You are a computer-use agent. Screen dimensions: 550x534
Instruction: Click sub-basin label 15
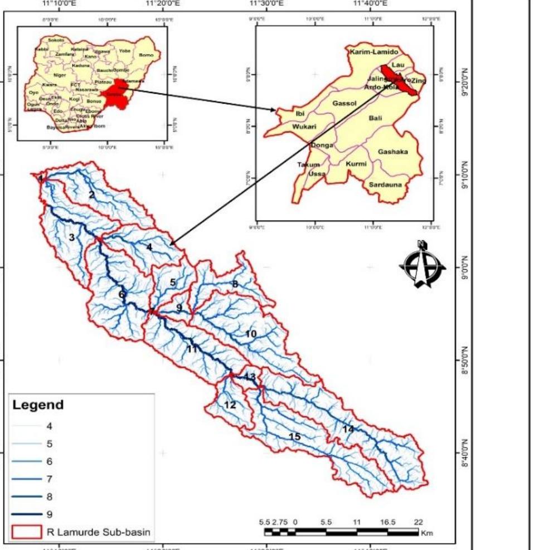click(x=295, y=436)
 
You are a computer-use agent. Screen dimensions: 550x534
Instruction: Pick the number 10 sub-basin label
click(x=251, y=333)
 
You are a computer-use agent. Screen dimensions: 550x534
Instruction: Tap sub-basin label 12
click(x=230, y=405)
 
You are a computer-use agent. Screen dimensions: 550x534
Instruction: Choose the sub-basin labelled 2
click(x=91, y=194)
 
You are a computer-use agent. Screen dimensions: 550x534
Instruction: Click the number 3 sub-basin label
click(x=71, y=237)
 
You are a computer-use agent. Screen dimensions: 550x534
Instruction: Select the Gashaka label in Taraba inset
click(x=393, y=152)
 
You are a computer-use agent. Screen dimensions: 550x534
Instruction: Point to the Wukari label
click(x=304, y=127)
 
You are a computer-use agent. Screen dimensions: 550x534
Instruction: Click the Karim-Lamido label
click(x=374, y=51)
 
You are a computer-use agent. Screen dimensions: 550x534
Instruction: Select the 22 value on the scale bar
click(x=419, y=522)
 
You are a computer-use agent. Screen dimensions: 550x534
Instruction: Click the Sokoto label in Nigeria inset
click(x=56, y=40)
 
